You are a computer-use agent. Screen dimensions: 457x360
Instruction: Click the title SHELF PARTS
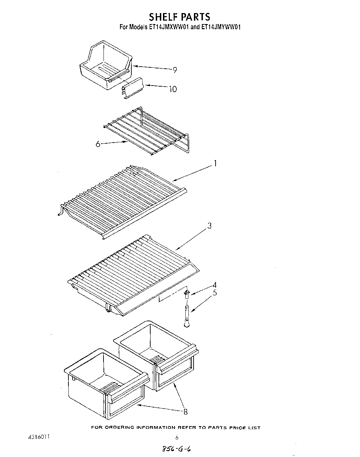(179, 16)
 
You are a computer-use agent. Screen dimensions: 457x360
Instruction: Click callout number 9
(175, 70)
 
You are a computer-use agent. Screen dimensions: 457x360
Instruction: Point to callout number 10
(173, 89)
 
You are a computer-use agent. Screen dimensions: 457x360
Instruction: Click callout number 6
(98, 144)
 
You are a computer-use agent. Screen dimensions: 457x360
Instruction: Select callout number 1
(215, 164)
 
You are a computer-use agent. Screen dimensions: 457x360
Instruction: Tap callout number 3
(209, 226)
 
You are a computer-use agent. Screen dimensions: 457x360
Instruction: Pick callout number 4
(214, 285)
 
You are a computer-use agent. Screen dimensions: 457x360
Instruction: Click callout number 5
(214, 293)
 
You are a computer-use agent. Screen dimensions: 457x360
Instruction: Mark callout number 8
(186, 412)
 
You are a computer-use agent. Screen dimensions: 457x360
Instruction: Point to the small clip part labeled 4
(187, 293)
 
